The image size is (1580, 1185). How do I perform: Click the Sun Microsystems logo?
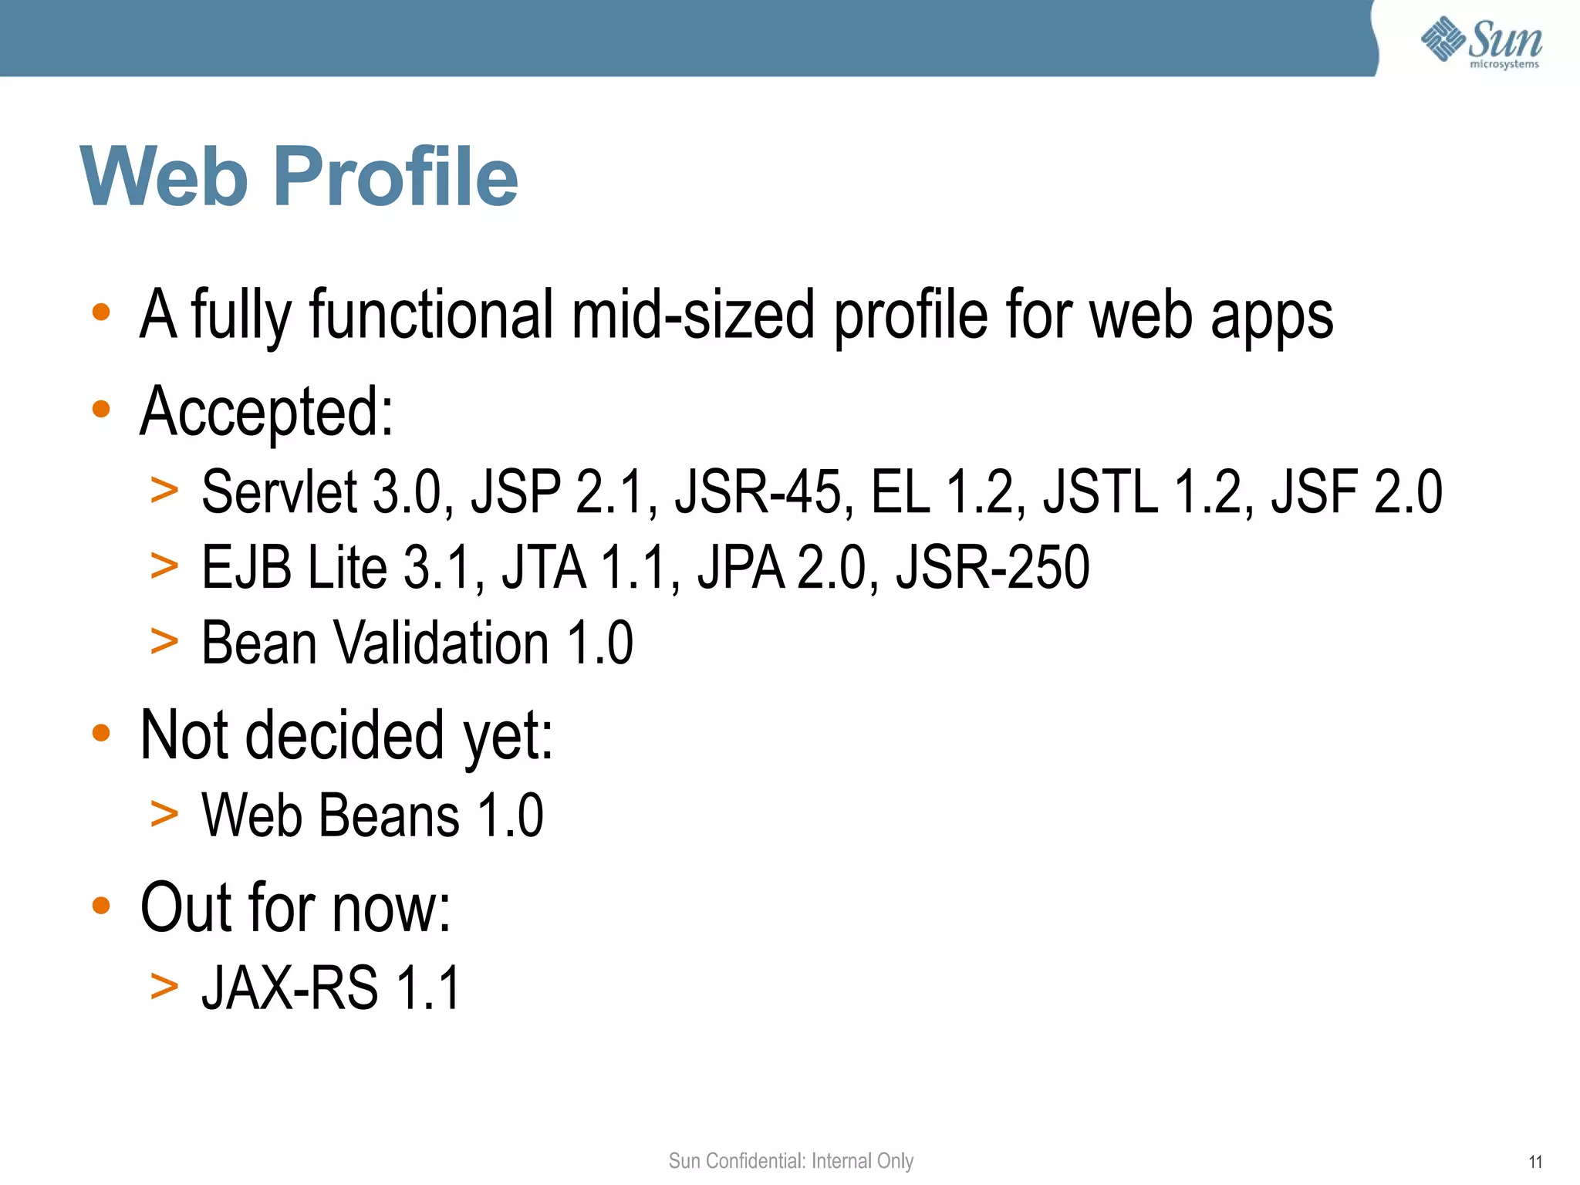click(1481, 42)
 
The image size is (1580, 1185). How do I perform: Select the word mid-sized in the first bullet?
click(693, 315)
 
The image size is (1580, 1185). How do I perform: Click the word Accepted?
click(266, 412)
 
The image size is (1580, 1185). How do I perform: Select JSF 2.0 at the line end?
click(1356, 492)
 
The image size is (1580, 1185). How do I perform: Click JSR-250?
click(992, 568)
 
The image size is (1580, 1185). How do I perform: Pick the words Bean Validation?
click(375, 643)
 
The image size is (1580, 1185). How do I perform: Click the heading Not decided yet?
click(346, 735)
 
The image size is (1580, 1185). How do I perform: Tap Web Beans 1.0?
click(372, 815)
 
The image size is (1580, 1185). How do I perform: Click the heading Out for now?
click(295, 908)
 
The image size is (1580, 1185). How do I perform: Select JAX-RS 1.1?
click(331, 987)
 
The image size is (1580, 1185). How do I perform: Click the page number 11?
click(1535, 1162)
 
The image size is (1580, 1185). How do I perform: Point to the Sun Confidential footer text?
click(791, 1161)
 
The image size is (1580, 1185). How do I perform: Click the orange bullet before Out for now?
click(101, 905)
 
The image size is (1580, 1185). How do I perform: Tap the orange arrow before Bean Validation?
click(164, 642)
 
